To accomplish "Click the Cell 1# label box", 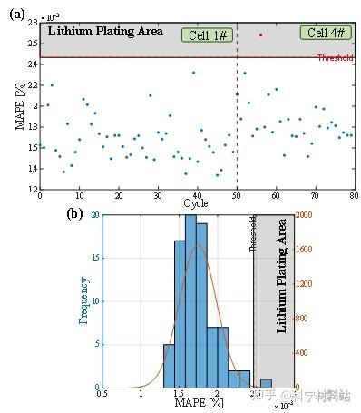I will pos(208,34).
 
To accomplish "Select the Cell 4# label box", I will pos(326,33).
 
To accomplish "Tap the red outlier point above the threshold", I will pos(260,35).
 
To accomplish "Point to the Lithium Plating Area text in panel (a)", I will pos(104,31).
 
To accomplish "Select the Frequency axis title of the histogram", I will pos(84,300).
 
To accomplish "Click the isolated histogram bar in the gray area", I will pos(266,383).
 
